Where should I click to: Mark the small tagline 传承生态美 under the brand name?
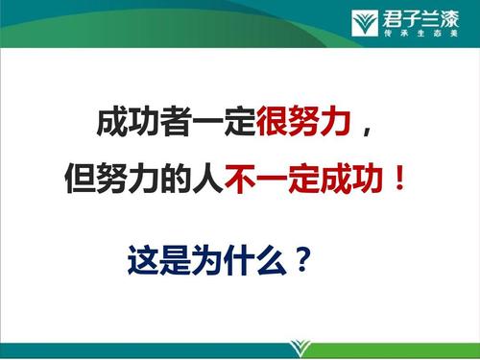pos(422,32)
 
